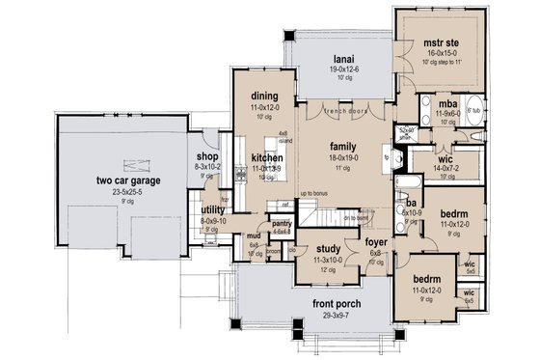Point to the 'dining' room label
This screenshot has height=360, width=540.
tap(264, 97)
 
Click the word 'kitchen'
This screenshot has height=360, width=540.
tap(266, 156)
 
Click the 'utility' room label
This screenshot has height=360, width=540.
tap(213, 209)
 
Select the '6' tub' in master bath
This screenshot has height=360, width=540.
tap(474, 112)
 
